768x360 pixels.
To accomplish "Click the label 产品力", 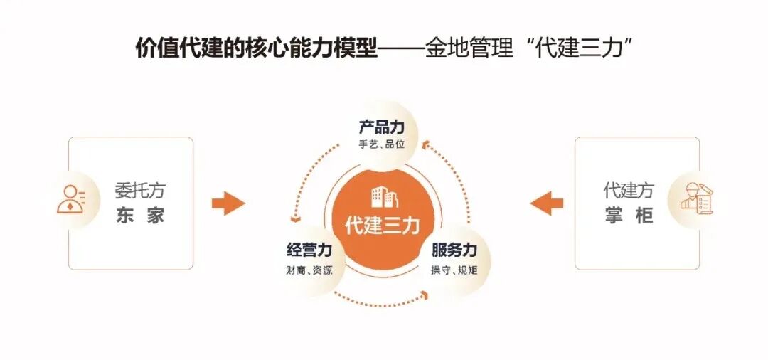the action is tap(382, 127).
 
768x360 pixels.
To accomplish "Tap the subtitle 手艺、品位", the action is tap(382, 144).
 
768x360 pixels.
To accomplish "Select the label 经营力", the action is tap(309, 250).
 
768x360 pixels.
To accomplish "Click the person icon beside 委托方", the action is tap(71, 200).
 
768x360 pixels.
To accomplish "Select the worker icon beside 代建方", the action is tap(695, 198).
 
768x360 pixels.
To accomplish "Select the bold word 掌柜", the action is tap(629, 216).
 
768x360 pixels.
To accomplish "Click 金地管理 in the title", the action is tap(469, 48).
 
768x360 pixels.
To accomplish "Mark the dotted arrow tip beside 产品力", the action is tap(425, 145).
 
